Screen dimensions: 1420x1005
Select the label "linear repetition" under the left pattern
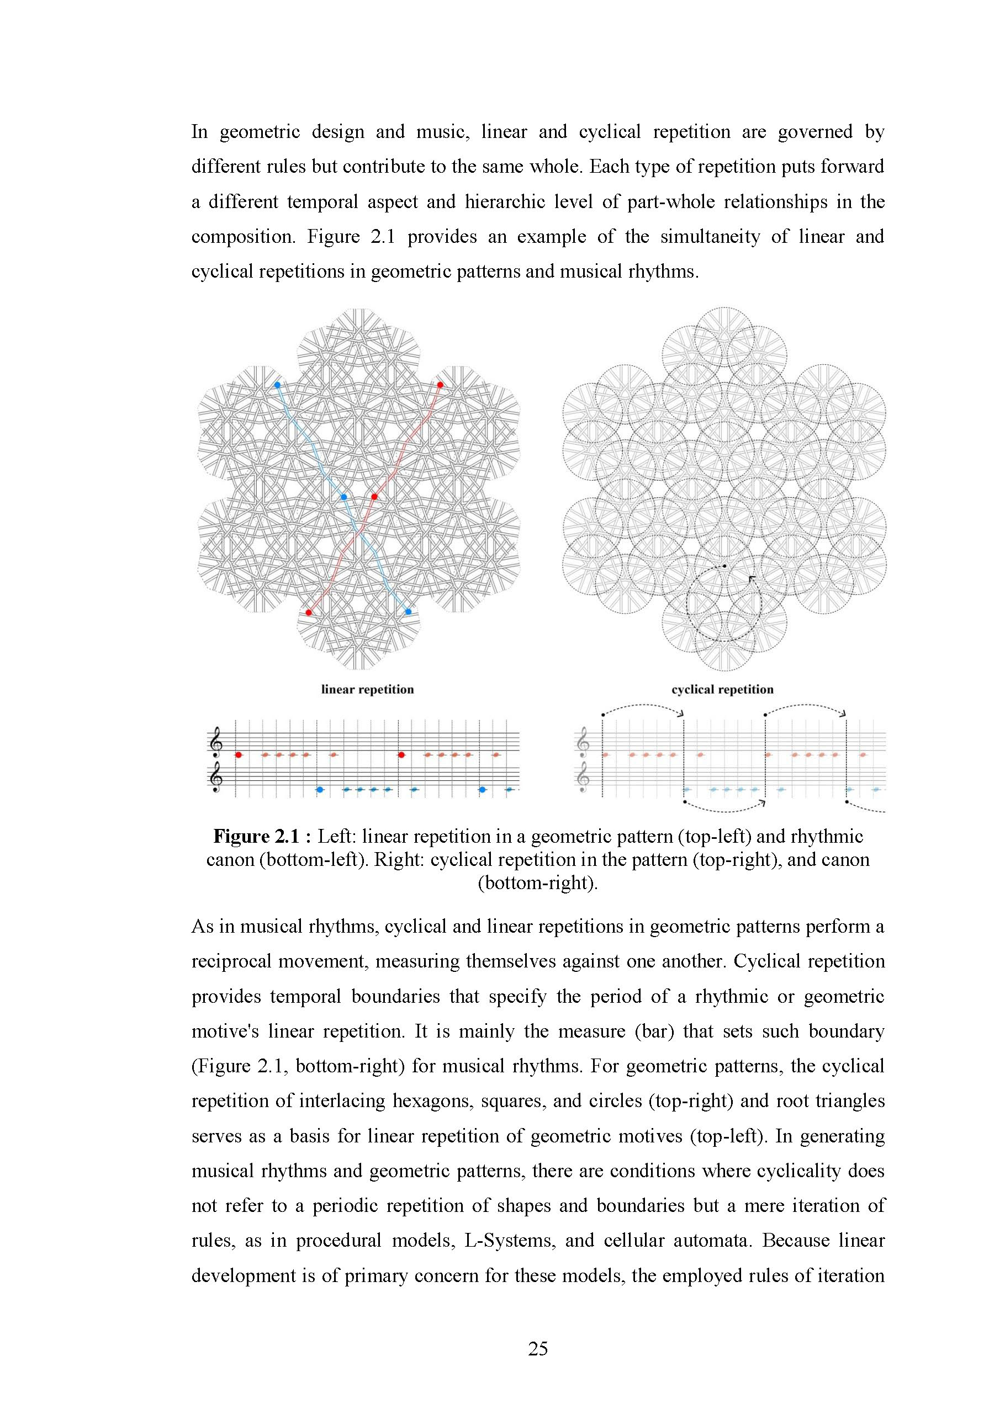tap(367, 690)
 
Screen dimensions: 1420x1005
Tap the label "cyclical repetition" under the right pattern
tap(722, 690)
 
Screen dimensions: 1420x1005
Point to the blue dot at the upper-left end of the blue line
tap(277, 385)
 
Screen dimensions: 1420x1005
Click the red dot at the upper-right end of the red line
tap(440, 385)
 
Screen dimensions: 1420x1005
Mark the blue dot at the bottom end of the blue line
tap(408, 611)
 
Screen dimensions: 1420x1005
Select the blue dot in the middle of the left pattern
tap(344, 497)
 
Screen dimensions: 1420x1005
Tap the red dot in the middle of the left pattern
tap(374, 496)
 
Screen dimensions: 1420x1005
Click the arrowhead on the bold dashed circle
tap(752, 578)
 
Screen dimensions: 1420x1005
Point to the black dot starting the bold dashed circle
tap(724, 565)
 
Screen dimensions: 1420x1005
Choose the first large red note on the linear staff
tap(238, 754)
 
